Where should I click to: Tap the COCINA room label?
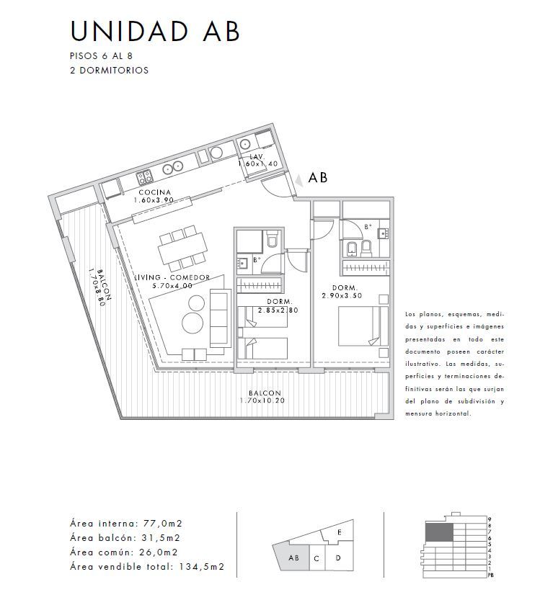pos(155,192)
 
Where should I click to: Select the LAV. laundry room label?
pos(257,156)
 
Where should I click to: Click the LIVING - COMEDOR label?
pos(172,277)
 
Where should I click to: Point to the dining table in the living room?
pos(182,248)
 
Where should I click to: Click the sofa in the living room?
pos(221,318)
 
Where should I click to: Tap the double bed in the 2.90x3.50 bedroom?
pos(363,326)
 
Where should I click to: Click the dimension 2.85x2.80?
pos(278,310)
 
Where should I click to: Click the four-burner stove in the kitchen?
pos(145,177)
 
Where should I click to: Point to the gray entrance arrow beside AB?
pos(299,180)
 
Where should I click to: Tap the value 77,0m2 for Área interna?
pos(163,523)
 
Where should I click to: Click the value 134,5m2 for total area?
pos(201,567)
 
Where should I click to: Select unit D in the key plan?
pos(338,558)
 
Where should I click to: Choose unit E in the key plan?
pos(340,532)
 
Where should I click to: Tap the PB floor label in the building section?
pos(491,575)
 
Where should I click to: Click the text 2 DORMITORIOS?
pos(109,71)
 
